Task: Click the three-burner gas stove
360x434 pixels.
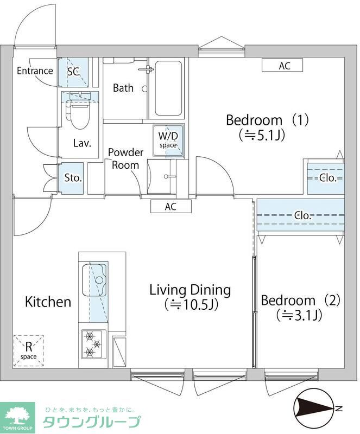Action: coord(93,344)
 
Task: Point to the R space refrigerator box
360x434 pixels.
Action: coord(29,350)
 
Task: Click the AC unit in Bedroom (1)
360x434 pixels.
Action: coord(282,66)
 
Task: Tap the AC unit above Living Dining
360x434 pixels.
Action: coord(170,207)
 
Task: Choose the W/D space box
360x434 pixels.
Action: coord(168,141)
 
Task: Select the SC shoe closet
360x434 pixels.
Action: coord(73,72)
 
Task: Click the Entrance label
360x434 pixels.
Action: coord(35,71)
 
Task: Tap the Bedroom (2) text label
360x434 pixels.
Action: coord(300,307)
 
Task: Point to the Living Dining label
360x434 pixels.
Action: coord(190,297)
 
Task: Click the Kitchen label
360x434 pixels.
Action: coord(48,302)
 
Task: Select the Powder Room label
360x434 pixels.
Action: coord(125,158)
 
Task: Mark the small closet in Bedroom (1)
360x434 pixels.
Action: coord(326,177)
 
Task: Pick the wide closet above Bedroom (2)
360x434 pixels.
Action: coord(301,215)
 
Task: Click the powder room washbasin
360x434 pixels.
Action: coord(162,176)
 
